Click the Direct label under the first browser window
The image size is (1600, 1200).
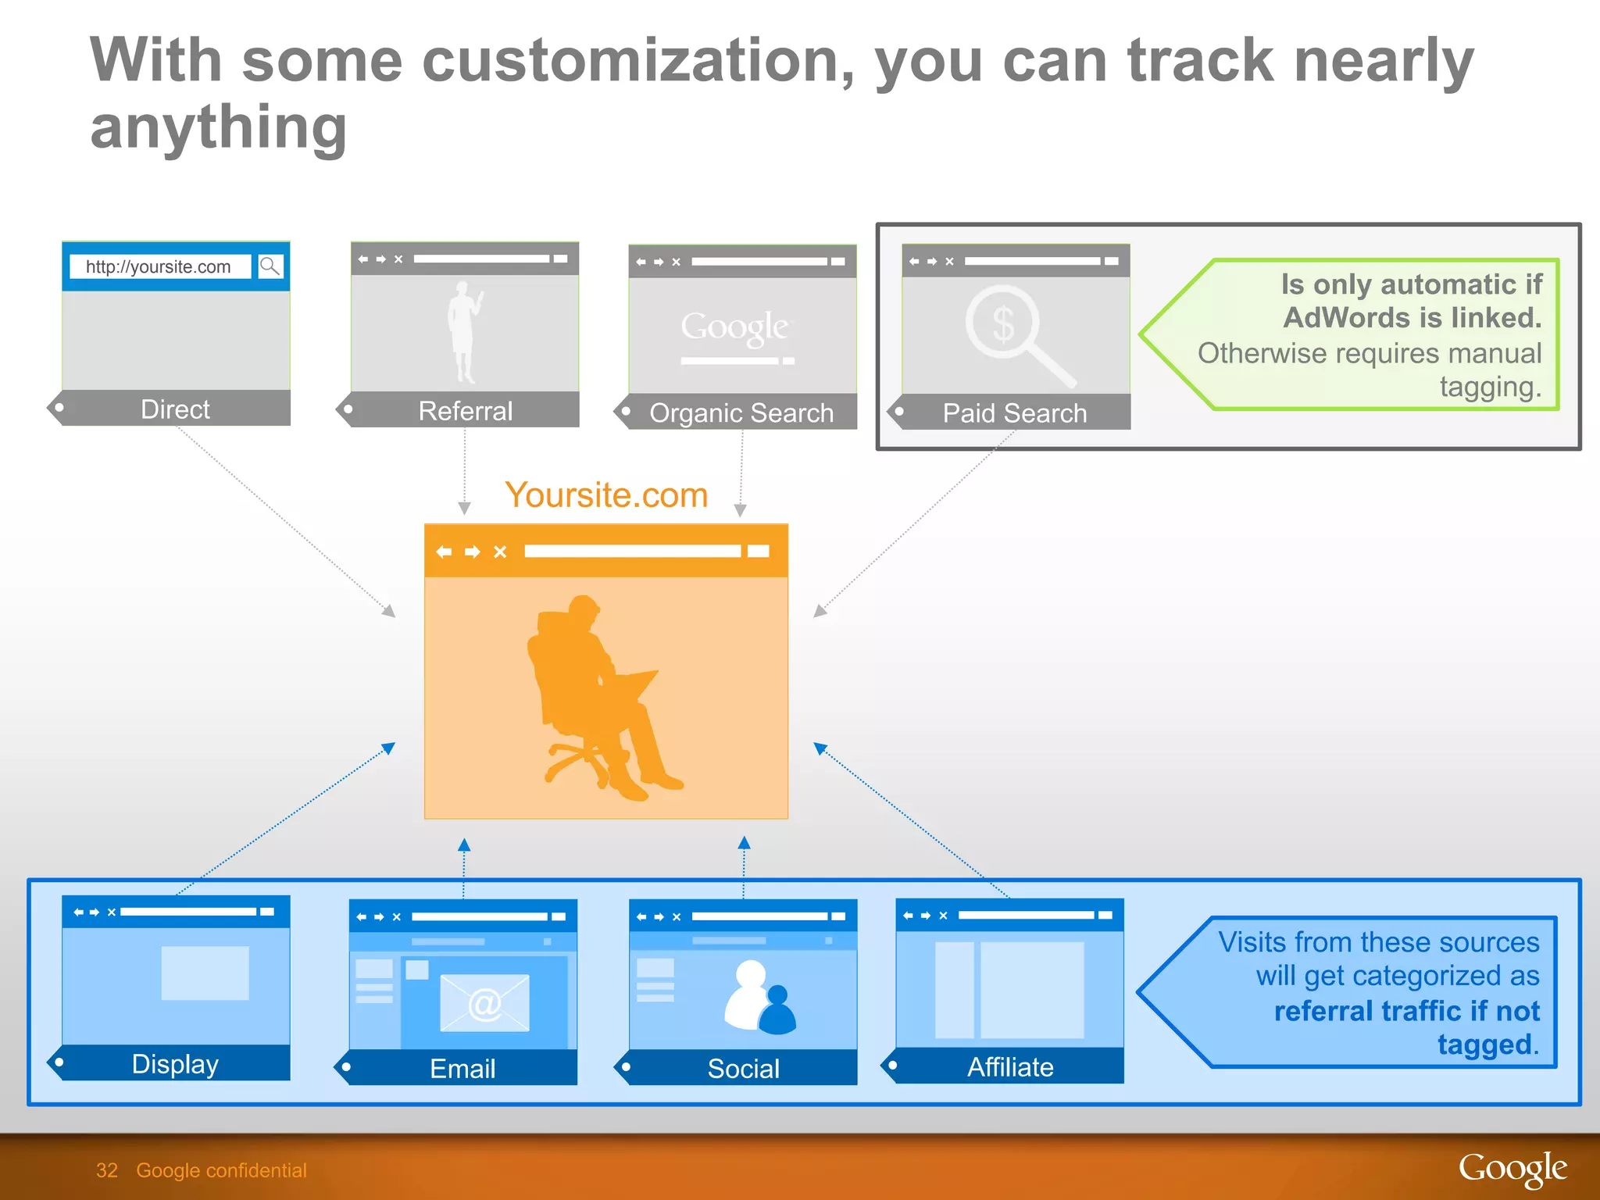(x=175, y=409)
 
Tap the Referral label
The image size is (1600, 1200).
(x=465, y=411)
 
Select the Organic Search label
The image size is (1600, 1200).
(x=741, y=412)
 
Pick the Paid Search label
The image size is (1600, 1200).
(x=1014, y=412)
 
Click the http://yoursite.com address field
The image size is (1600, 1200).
(x=159, y=267)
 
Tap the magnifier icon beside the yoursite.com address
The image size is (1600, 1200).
(x=270, y=266)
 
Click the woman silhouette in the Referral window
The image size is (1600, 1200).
(x=465, y=331)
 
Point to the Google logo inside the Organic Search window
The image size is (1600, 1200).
(x=734, y=327)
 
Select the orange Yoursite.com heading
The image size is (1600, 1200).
(x=606, y=495)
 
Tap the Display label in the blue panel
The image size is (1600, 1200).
(x=175, y=1063)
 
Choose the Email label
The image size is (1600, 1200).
(x=462, y=1068)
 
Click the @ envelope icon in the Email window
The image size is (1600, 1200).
(x=484, y=1003)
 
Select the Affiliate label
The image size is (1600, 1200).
(x=1010, y=1066)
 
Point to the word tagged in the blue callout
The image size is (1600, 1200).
(x=1486, y=1045)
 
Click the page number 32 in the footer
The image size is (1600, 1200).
(x=106, y=1170)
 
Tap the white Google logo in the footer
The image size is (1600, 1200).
(x=1512, y=1169)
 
